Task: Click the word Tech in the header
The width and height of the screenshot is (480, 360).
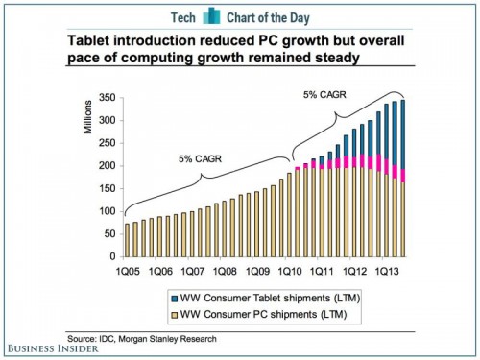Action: click(x=187, y=18)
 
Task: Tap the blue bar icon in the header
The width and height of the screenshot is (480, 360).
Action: click(x=221, y=18)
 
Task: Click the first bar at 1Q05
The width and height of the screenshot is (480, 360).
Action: click(x=128, y=241)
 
